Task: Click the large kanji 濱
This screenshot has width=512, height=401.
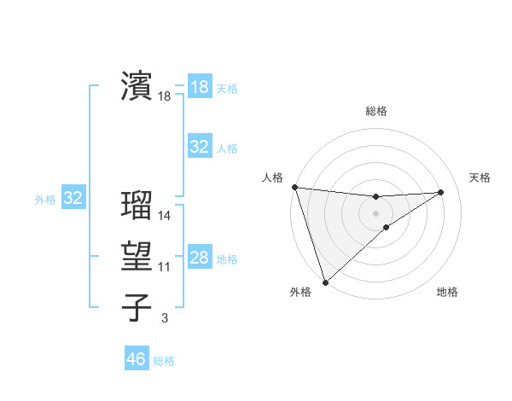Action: coord(137,86)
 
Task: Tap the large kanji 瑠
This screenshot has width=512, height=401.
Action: coord(137,206)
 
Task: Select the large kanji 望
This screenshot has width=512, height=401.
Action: coord(137,257)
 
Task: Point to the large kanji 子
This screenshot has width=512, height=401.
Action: coord(137,308)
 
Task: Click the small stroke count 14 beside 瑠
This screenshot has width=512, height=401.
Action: coord(165,216)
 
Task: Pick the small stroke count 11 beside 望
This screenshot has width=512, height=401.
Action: coord(165,267)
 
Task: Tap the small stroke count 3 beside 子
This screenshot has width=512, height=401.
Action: coord(165,318)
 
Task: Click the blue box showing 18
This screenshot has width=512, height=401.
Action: coord(199,87)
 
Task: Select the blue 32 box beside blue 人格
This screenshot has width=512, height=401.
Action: coord(199,147)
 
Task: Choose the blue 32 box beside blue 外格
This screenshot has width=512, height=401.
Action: coord(73,199)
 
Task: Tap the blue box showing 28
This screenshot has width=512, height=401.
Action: coord(199,258)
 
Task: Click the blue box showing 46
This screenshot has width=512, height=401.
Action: coord(136,359)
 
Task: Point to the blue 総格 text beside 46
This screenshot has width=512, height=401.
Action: coord(164,361)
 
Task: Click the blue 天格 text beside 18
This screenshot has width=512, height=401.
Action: coord(227,89)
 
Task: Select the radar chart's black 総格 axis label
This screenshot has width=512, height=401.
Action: coord(376,111)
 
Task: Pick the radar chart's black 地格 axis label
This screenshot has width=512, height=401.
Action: coord(447,293)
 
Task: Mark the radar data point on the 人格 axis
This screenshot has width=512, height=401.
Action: coord(294,187)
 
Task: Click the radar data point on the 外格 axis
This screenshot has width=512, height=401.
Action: coord(325,282)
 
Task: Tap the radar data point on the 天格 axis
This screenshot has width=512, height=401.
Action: coord(441,192)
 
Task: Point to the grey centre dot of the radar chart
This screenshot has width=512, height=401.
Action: coord(376,213)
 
